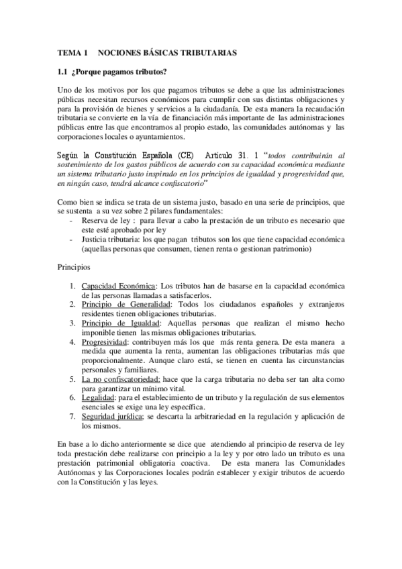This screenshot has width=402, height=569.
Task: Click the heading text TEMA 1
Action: (x=72, y=52)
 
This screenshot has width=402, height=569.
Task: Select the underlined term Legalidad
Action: (x=97, y=398)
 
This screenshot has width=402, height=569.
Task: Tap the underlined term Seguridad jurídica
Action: (x=111, y=417)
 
